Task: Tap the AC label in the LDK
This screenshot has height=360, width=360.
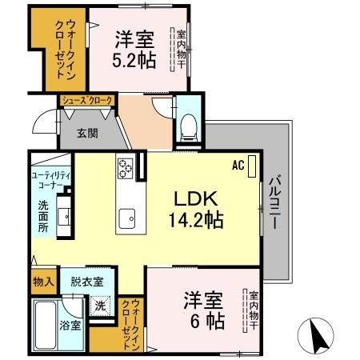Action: [238, 166]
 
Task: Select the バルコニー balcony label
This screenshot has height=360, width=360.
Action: [274, 203]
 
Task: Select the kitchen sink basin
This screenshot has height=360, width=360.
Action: [127, 217]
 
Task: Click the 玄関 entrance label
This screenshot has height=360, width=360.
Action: [88, 134]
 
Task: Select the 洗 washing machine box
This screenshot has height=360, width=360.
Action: [101, 306]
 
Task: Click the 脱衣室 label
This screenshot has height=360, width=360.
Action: [86, 282]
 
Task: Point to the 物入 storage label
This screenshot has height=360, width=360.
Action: [43, 282]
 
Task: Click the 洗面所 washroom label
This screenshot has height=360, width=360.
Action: [43, 215]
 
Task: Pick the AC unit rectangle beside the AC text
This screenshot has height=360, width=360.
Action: [253, 167]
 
